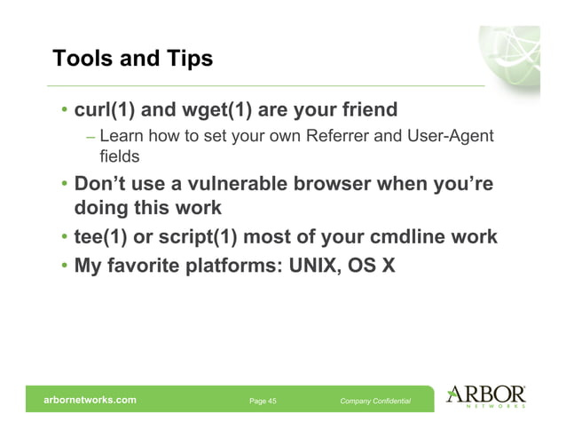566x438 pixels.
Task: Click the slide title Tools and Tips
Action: (x=133, y=59)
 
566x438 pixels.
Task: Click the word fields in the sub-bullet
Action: (x=120, y=155)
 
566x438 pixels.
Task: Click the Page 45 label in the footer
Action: (x=263, y=402)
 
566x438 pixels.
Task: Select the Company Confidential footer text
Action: (x=374, y=402)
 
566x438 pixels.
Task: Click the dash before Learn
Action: (x=91, y=137)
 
